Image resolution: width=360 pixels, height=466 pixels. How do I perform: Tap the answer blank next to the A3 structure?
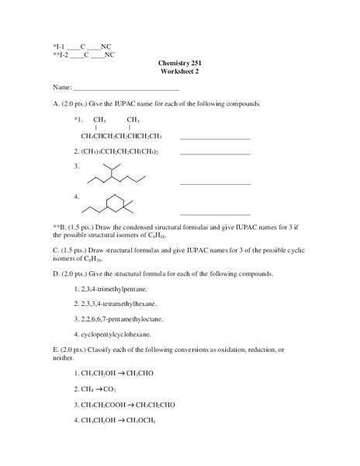coord(215,183)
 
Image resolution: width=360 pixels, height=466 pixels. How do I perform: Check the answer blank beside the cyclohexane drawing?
coord(215,214)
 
